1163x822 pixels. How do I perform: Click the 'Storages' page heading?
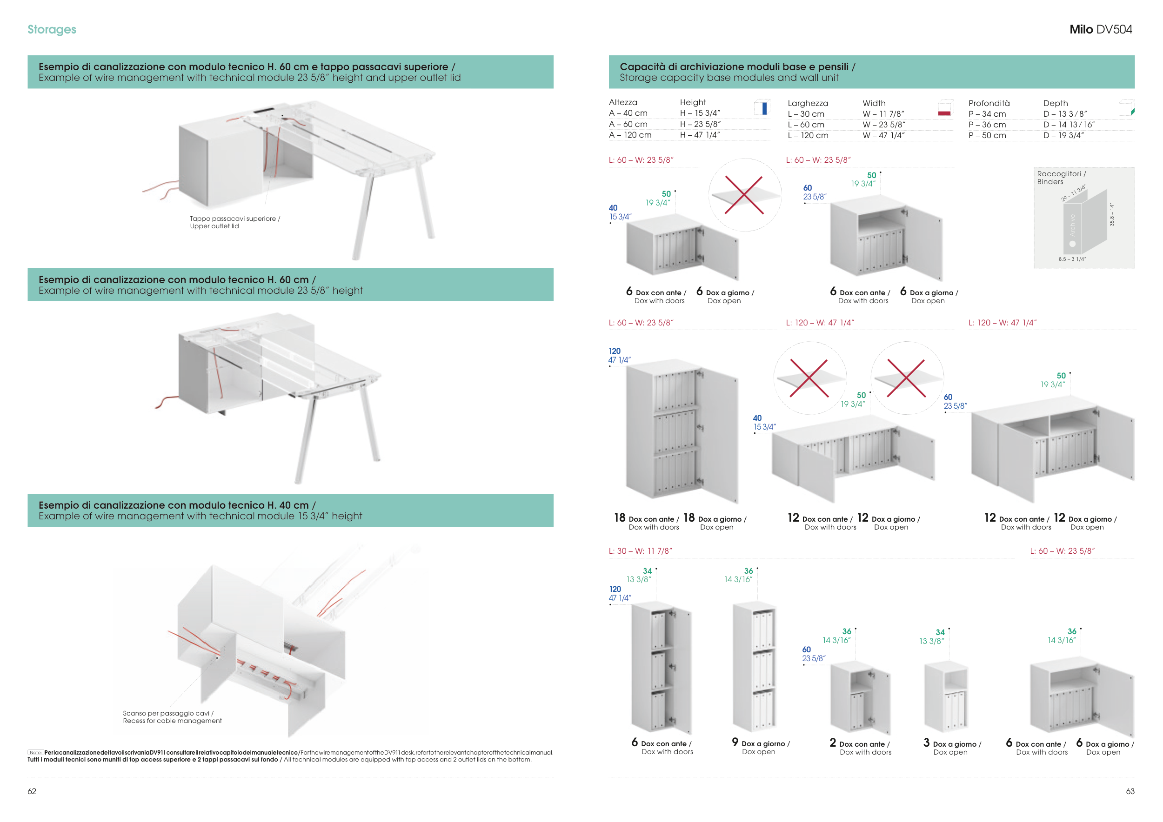pos(52,29)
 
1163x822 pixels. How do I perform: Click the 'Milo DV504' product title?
pos(1100,29)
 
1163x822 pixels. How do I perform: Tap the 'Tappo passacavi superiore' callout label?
pos(234,222)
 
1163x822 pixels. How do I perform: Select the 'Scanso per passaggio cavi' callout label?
pos(172,717)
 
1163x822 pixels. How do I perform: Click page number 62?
pos(32,791)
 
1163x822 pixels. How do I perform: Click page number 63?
pos(1130,791)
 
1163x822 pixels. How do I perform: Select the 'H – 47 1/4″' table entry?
pos(700,135)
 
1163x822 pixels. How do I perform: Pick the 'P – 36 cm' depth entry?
pos(987,125)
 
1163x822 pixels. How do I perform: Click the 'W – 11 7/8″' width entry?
pos(883,114)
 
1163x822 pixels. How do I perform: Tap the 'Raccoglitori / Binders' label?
pos(1061,178)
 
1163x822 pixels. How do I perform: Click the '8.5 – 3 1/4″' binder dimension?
pos(1072,259)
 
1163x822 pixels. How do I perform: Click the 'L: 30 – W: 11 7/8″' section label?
pos(640,550)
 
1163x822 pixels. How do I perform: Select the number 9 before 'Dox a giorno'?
pos(735,742)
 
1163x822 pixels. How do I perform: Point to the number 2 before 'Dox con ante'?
pos(833,742)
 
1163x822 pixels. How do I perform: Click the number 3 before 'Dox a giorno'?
pos(927,742)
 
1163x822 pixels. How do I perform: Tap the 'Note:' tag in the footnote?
pos(35,753)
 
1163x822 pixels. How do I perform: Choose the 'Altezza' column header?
pos(623,102)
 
